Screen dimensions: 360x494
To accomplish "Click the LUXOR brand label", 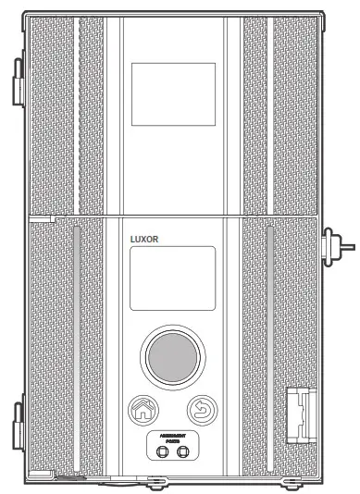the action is pyautogui.click(x=143, y=238).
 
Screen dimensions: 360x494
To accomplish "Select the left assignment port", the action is pyautogui.click(x=161, y=451).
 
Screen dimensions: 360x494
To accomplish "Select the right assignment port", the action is pyautogui.click(x=183, y=451).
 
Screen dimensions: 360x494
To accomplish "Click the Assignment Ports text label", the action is pyautogui.click(x=172, y=438).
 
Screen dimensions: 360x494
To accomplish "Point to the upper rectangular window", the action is pyautogui.click(x=172, y=93).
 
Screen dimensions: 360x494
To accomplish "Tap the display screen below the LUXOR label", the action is pyautogui.click(x=172, y=278).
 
